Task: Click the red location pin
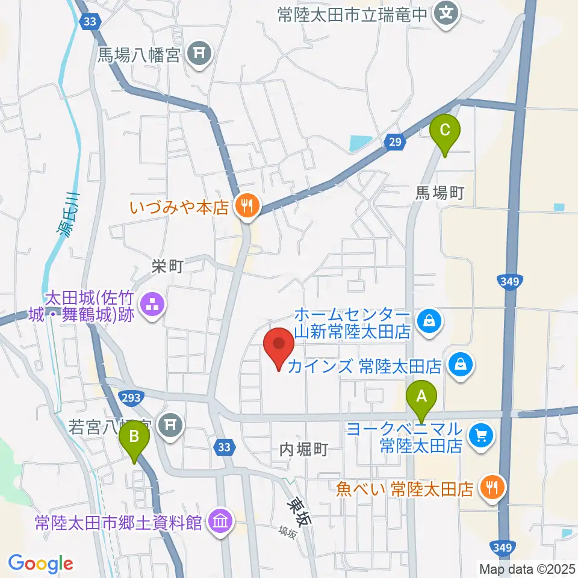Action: click(279, 348)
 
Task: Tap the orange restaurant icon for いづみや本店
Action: click(246, 207)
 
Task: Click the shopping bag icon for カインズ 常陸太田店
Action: click(461, 365)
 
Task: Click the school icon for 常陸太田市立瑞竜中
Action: click(446, 12)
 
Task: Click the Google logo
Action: click(40, 563)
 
